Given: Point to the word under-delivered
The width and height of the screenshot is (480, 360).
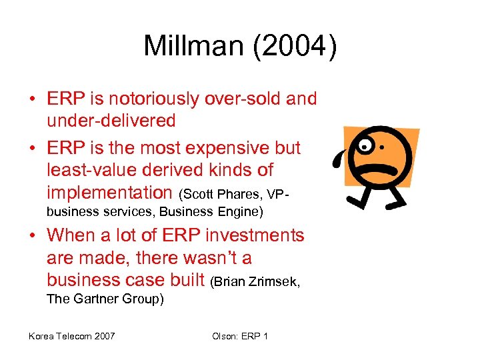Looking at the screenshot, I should click(x=111, y=121).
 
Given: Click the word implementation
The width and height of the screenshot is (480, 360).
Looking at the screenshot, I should click(x=109, y=193).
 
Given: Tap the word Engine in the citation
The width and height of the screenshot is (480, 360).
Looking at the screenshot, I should click(x=240, y=212).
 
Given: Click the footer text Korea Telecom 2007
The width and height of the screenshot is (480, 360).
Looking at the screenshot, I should click(x=71, y=335).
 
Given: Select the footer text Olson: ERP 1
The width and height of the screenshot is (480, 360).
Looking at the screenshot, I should click(x=240, y=335).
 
